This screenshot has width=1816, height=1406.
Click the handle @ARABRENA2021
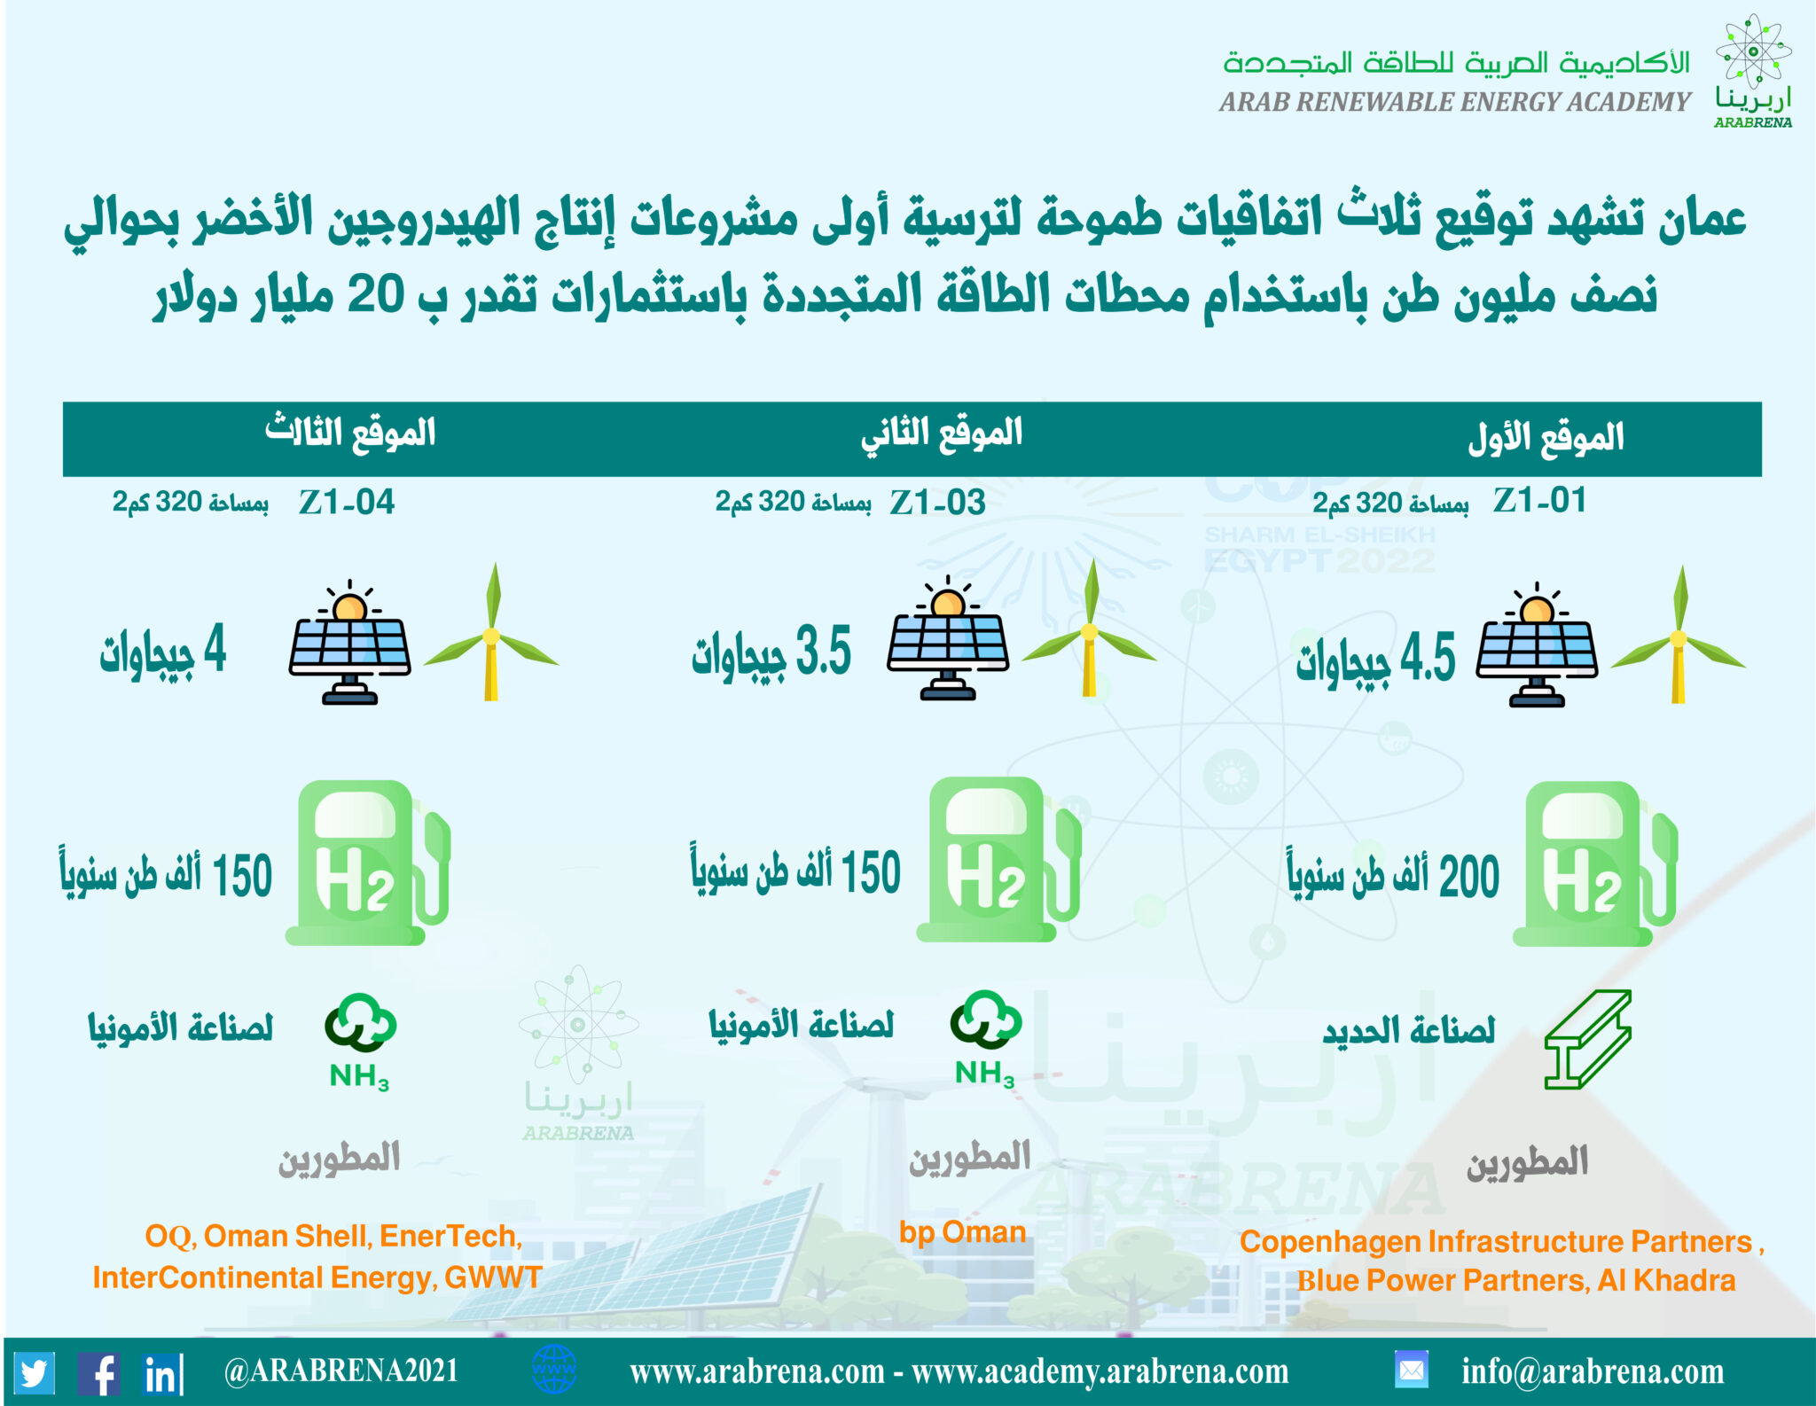tap(341, 1371)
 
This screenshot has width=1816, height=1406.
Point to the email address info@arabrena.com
tap(1593, 1372)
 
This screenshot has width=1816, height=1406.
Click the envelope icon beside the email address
tap(1411, 1371)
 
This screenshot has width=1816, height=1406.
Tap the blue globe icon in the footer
tap(554, 1370)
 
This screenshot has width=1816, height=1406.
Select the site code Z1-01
tap(1538, 500)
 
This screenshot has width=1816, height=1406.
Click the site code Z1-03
tap(937, 503)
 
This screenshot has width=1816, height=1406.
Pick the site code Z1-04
tap(346, 503)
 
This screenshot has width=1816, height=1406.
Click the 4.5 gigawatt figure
tap(1428, 657)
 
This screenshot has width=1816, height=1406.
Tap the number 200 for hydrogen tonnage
tap(1469, 877)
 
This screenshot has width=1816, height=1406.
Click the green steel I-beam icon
tap(1588, 1040)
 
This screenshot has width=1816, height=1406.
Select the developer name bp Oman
tap(962, 1232)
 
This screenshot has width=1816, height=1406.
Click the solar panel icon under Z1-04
tap(349, 642)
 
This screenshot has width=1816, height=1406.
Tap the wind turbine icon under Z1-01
tap(1678, 635)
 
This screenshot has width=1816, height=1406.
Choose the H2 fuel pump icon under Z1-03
tap(998, 859)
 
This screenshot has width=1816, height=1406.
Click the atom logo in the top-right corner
tap(1753, 51)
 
